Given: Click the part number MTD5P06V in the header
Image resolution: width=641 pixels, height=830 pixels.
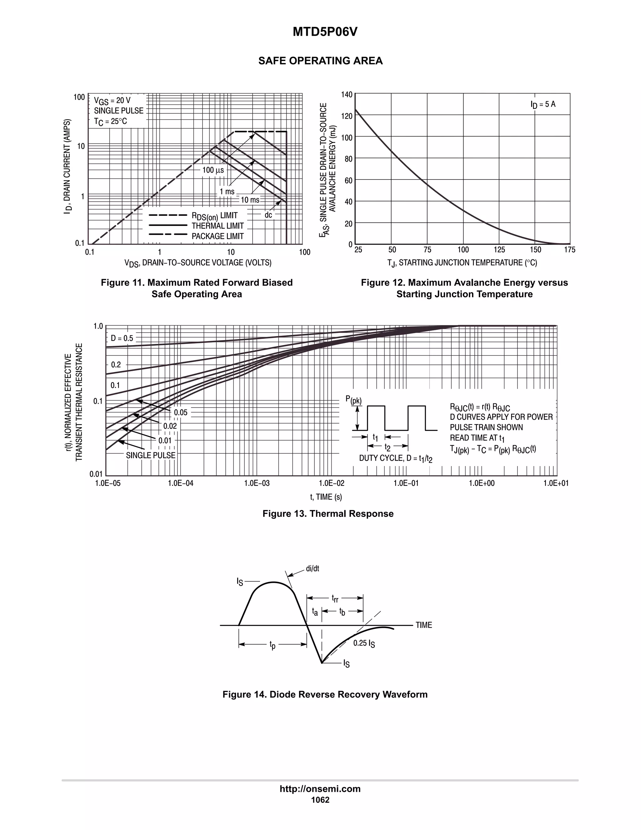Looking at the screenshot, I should [x=325, y=32].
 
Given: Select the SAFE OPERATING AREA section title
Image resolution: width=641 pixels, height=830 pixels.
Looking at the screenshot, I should [x=320, y=61].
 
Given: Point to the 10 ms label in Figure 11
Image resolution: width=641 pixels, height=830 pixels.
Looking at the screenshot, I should [x=250, y=200].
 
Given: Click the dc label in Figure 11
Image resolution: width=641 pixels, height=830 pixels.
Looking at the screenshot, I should [x=268, y=215].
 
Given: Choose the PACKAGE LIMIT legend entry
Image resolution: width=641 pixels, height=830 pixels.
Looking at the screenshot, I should [x=217, y=236].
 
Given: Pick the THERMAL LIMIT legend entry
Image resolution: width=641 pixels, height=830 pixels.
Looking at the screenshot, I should [x=217, y=226].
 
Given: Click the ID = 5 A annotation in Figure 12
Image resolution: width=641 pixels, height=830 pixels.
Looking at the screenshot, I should [x=543, y=104].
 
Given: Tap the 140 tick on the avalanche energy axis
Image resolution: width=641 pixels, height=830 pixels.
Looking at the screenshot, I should [x=346, y=94].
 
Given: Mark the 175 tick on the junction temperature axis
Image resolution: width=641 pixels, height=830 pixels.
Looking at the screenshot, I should [x=569, y=250].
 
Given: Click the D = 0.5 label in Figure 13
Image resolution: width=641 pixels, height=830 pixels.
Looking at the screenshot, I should [x=122, y=338].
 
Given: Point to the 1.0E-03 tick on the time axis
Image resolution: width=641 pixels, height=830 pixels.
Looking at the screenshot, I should [x=257, y=483].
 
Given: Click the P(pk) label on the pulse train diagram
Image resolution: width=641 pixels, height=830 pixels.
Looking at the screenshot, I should [x=353, y=400].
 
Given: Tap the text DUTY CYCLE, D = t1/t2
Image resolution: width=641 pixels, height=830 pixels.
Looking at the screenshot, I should [x=396, y=458].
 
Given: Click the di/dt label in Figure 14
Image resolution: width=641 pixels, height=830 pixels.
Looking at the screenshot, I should [x=312, y=569].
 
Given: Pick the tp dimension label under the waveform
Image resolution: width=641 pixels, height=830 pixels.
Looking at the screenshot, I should [x=272, y=645].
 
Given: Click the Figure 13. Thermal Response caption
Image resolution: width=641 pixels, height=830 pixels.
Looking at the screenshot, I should [x=328, y=513].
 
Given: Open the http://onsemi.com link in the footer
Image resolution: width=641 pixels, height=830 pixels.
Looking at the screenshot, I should [x=320, y=789].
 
